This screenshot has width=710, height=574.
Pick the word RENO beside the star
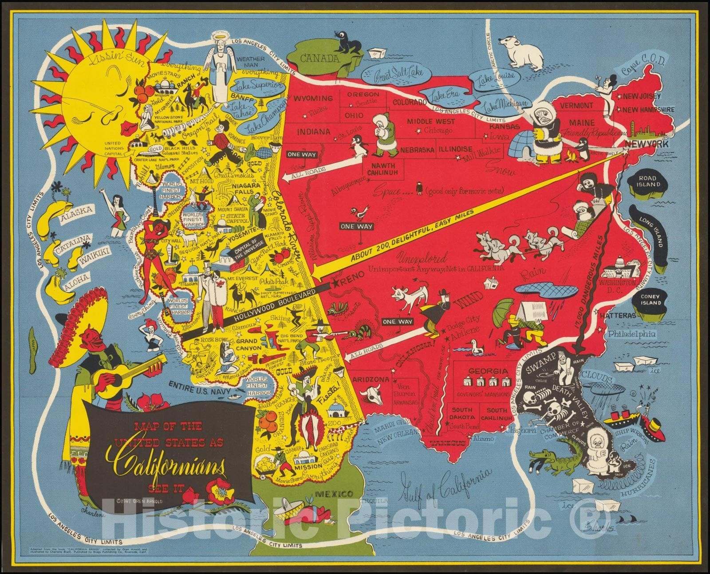pyautogui.click(x=353, y=275)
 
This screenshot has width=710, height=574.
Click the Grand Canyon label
pyautogui.click(x=248, y=345)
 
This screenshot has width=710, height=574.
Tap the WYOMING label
pyautogui.click(x=314, y=98)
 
